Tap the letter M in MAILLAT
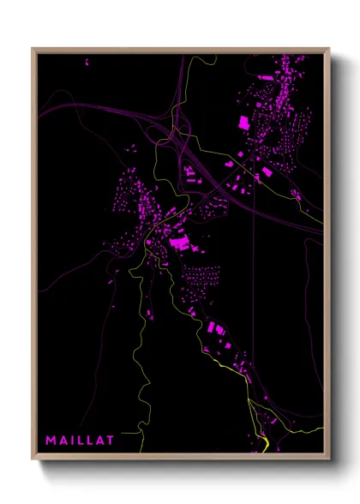point(51,441)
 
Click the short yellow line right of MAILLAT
point(129,435)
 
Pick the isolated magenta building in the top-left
point(86,62)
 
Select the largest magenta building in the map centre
point(180,243)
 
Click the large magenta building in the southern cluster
point(214,327)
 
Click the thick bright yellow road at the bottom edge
point(263,444)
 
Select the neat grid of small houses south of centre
point(202,277)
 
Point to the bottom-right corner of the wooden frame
point(328,458)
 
